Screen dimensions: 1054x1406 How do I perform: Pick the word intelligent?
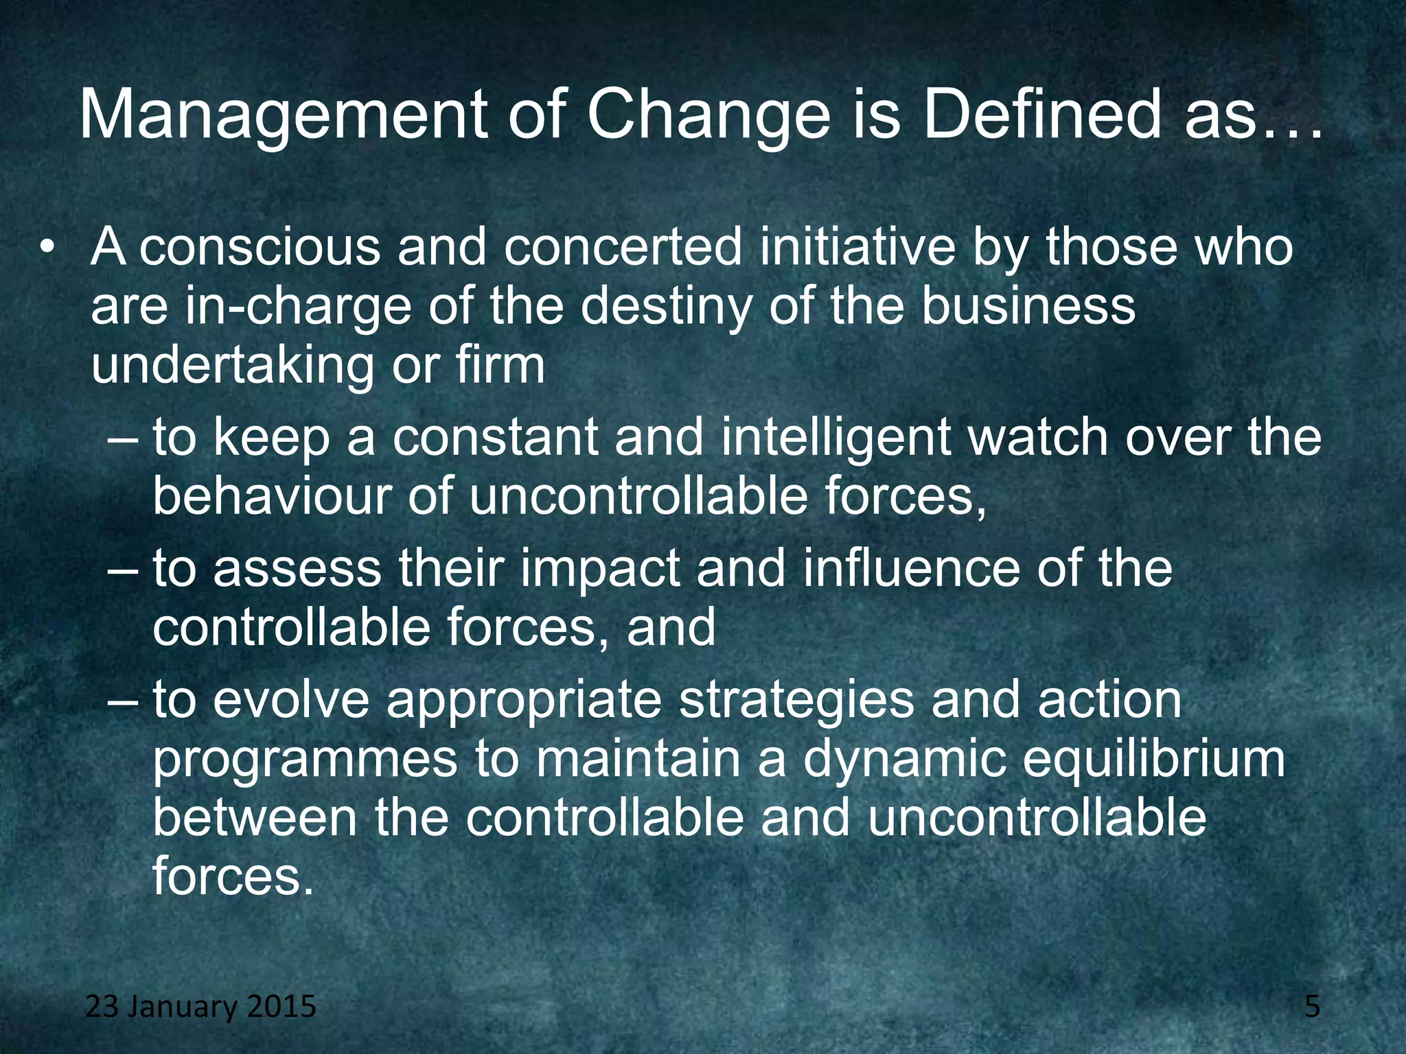pyautogui.click(x=836, y=439)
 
